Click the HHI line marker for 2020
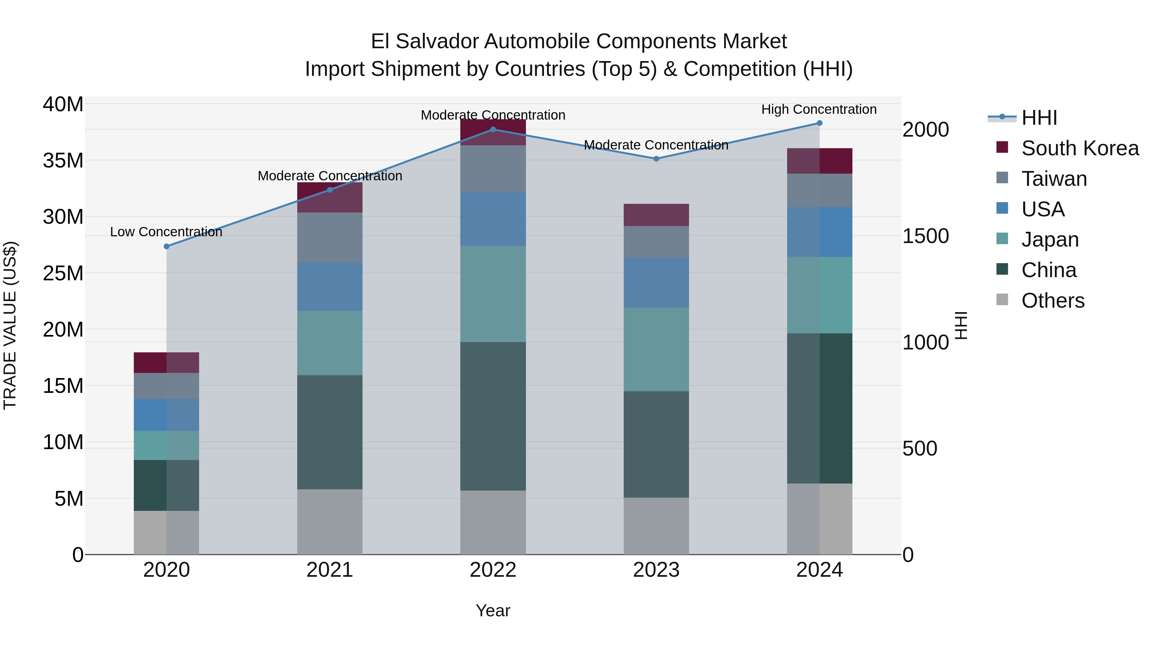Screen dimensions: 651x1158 166,246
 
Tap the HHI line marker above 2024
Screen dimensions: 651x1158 819,123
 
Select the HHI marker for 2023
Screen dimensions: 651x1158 656,158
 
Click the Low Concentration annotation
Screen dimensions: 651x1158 166,232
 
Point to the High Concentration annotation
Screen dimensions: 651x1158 819,109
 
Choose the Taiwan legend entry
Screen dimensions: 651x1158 1054,179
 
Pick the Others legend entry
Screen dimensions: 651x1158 1052,301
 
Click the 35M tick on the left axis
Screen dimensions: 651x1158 63,160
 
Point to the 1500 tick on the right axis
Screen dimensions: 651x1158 925,236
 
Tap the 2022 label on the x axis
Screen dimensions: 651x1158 493,570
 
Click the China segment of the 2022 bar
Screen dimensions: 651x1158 493,416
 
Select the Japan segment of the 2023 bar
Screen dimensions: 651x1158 656,349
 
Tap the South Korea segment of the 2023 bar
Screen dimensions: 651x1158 656,215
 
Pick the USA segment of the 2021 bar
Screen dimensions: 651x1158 329,287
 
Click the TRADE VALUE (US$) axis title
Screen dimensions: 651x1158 10,325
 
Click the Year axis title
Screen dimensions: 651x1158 493,610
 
